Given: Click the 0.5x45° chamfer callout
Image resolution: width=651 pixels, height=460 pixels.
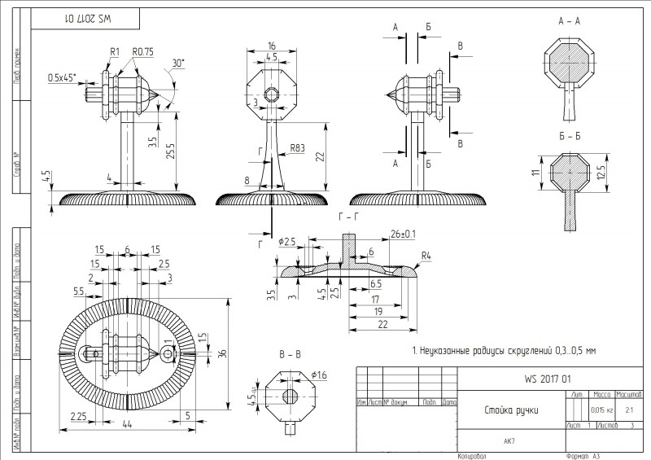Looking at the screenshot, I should click(61, 78).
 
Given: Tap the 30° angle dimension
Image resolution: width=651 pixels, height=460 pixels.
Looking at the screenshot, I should click(177, 64).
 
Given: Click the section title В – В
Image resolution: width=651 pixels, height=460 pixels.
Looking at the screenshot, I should click(290, 355).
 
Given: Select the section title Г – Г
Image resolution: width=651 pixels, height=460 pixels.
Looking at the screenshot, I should click(344, 217).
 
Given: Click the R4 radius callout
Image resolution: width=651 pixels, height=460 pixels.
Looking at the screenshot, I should click(425, 256).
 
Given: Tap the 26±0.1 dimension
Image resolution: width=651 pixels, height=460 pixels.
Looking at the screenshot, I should click(403, 234).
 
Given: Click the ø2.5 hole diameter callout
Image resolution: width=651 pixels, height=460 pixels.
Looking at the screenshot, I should click(287, 242).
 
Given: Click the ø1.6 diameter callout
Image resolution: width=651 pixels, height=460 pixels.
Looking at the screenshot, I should click(319, 375).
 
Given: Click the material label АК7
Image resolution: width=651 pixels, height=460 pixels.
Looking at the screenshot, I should click(509, 441).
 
